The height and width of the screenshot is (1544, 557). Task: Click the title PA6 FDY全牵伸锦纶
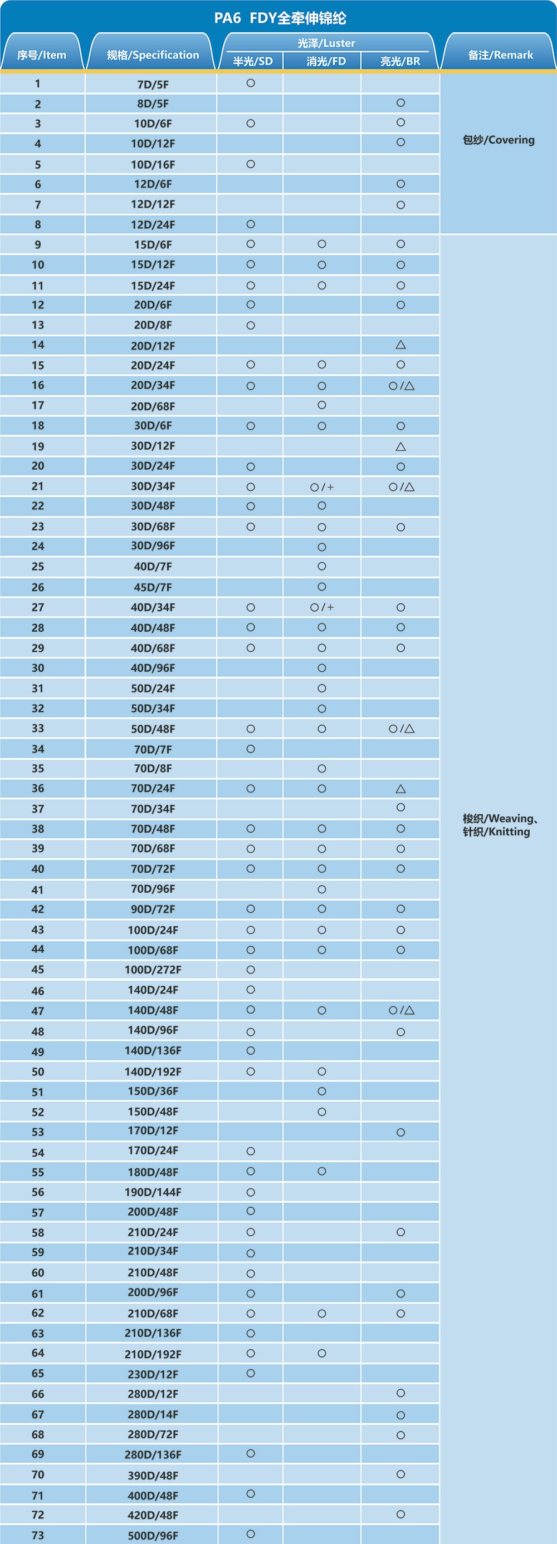pyautogui.click(x=280, y=18)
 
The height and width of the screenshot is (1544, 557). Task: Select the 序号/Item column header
pyautogui.click(x=41, y=55)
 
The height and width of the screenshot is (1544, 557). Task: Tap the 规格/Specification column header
pyautogui.click(x=152, y=55)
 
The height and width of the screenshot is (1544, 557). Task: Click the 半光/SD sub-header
pyautogui.click(x=252, y=61)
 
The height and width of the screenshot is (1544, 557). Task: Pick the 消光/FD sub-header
pyautogui.click(x=325, y=61)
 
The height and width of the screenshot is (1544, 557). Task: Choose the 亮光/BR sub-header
pyautogui.click(x=400, y=61)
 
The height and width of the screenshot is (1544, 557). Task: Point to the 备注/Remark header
pyautogui.click(x=500, y=55)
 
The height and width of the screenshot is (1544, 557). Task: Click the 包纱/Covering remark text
pyautogui.click(x=499, y=140)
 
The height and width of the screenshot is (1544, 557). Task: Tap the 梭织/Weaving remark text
pyautogui.click(x=500, y=819)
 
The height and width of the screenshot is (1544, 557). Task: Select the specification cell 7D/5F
pyautogui.click(x=153, y=84)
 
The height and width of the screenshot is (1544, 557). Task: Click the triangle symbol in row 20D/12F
pyautogui.click(x=400, y=345)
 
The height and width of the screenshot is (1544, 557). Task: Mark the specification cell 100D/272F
pyautogui.click(x=153, y=969)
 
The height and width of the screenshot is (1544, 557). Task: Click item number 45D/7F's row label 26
pyautogui.click(x=38, y=587)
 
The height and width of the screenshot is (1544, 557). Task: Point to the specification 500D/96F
pyautogui.click(x=153, y=1535)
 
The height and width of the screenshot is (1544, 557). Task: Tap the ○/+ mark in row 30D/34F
pyautogui.click(x=322, y=486)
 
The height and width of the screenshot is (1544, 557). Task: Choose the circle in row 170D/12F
pyautogui.click(x=400, y=1132)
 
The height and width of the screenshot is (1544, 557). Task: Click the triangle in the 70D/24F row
pyautogui.click(x=400, y=789)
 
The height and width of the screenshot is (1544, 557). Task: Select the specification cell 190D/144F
pyautogui.click(x=153, y=1192)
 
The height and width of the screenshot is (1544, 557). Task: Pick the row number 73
pyautogui.click(x=38, y=1535)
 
